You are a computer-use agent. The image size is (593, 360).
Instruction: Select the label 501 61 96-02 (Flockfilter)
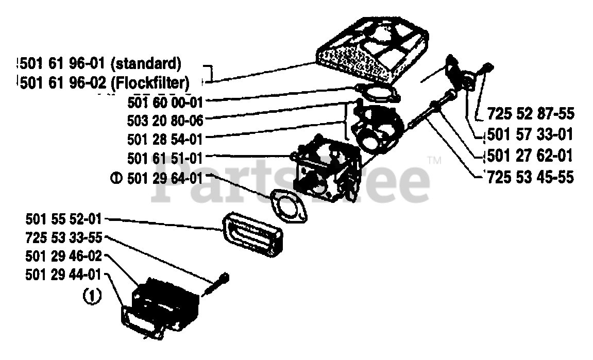(x=104, y=82)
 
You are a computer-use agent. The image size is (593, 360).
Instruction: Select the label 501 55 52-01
(x=63, y=219)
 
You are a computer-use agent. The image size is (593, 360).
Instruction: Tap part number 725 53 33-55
(x=63, y=237)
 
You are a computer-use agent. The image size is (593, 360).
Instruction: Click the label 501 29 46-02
(x=63, y=256)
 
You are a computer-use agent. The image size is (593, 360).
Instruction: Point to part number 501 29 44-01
(x=63, y=275)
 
